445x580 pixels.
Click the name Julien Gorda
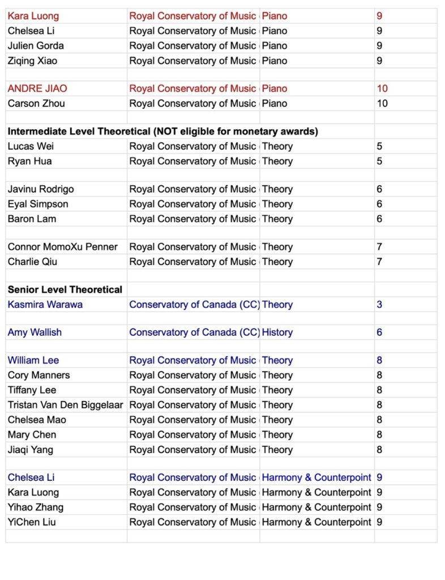pyautogui.click(x=36, y=46)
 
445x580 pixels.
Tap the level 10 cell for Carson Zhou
pyautogui.click(x=382, y=103)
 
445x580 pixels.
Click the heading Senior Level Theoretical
pyautogui.click(x=65, y=289)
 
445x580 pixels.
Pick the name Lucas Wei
pyautogui.click(x=31, y=146)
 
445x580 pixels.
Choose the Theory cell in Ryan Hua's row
pyautogui.click(x=277, y=161)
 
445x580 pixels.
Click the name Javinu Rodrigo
pyautogui.click(x=41, y=189)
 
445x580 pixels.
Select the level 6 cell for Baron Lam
pyautogui.click(x=379, y=219)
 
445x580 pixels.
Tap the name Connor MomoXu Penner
pyautogui.click(x=63, y=247)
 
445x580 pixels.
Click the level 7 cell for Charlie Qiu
pyautogui.click(x=379, y=262)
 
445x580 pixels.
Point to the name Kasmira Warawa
pyautogui.click(x=45, y=304)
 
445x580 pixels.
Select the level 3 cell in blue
pyautogui.click(x=379, y=304)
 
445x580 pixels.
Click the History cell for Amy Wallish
pyautogui.click(x=277, y=332)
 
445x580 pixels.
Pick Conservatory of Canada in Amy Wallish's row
pyautogui.click(x=194, y=332)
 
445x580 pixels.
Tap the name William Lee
pyautogui.click(x=33, y=360)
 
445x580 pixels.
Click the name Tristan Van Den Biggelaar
pyautogui.click(x=65, y=404)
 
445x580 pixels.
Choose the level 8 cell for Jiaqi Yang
pyautogui.click(x=379, y=450)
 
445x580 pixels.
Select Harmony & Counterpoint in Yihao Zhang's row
pyautogui.click(x=316, y=507)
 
